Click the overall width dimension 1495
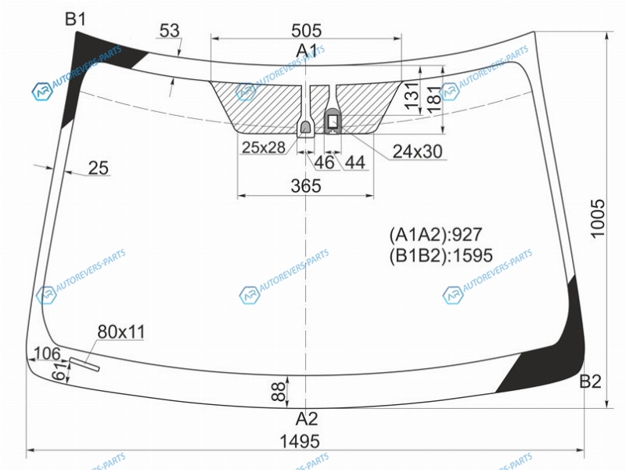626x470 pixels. coord(300,441)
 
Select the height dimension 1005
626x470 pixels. coord(598,219)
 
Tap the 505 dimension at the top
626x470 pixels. coord(306,31)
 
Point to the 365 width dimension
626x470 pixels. coord(306,186)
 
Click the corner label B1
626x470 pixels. coord(75,19)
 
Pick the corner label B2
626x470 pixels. coord(590,381)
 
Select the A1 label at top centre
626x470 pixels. coord(306,51)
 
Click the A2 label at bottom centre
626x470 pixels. coord(307,419)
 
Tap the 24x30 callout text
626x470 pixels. coord(418,151)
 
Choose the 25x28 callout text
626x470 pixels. coord(264,147)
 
